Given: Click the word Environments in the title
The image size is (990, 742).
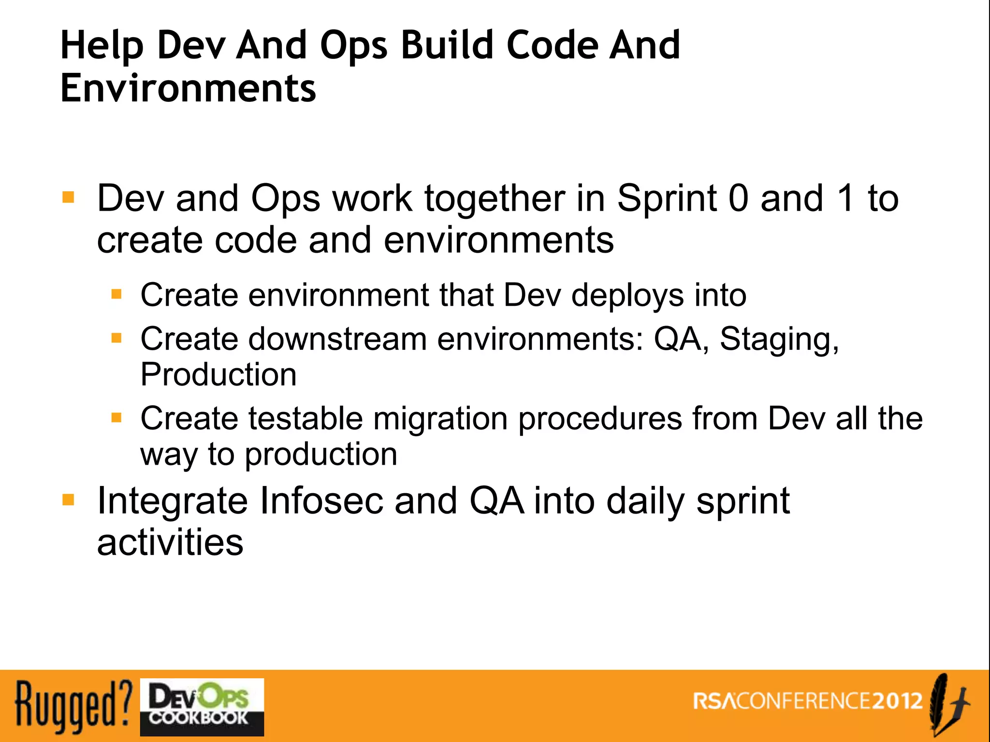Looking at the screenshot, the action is pyautogui.click(x=188, y=88).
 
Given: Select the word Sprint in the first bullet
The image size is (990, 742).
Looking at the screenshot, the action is pyautogui.click(x=667, y=199).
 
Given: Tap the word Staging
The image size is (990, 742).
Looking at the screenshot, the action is pyautogui.click(x=779, y=340).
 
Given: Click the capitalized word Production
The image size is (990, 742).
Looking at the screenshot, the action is pyautogui.click(x=218, y=374).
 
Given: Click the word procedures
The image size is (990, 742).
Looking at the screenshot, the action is pyautogui.click(x=600, y=419).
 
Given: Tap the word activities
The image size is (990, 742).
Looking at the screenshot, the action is pyautogui.click(x=170, y=542).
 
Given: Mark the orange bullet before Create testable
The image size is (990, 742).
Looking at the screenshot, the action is pyautogui.click(x=116, y=417).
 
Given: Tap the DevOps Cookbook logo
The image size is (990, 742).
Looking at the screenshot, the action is pyautogui.click(x=202, y=707).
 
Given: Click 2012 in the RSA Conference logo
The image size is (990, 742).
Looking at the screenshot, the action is pyautogui.click(x=897, y=701).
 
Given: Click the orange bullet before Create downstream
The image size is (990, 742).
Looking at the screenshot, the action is pyautogui.click(x=116, y=338).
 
